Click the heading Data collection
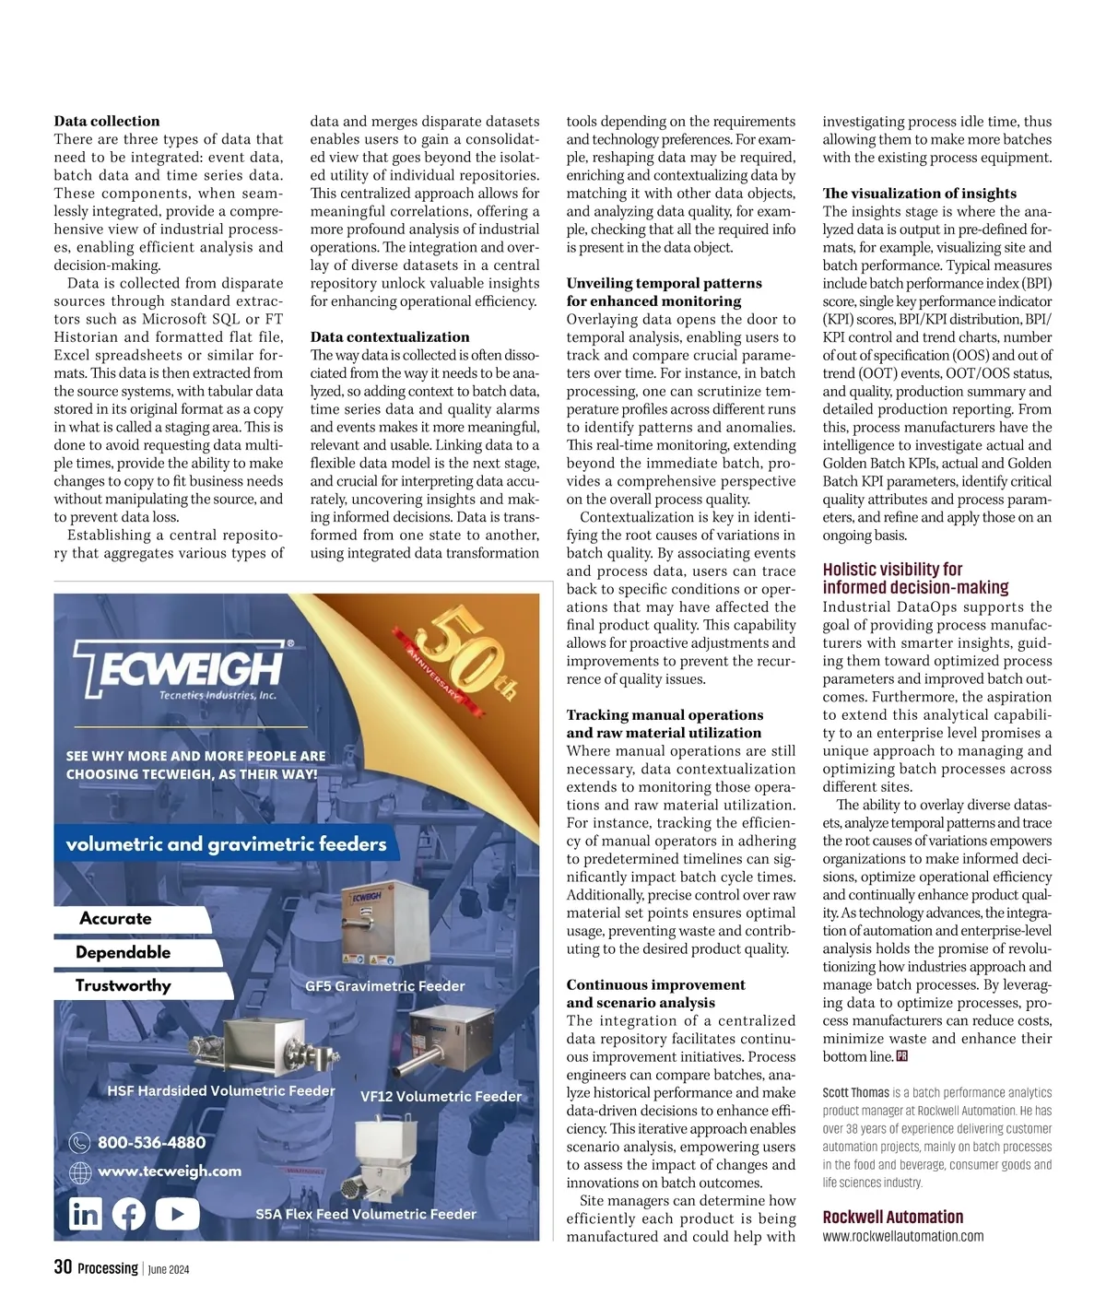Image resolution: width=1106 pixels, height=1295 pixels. point(107,121)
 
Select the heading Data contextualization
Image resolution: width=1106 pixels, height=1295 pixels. point(390,337)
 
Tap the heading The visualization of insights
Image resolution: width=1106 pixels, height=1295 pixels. point(919,194)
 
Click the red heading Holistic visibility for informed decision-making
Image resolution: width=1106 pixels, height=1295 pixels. point(915,579)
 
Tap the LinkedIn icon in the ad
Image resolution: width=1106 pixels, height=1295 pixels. point(86,1214)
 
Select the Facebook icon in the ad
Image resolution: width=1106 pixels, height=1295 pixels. point(129,1214)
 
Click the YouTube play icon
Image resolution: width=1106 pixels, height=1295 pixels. point(177,1214)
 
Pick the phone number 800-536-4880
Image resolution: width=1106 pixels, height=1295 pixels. point(151,1143)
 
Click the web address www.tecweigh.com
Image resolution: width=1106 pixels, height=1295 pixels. point(169,1171)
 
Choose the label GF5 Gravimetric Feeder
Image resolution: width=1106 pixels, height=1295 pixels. point(385,986)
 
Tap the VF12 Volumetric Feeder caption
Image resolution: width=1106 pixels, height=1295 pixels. point(441,1097)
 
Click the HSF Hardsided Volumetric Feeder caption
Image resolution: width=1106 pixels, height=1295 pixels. point(221,1091)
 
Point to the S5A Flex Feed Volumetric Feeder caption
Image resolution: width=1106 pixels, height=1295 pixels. point(366,1215)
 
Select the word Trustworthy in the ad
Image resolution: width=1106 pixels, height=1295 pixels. point(124,986)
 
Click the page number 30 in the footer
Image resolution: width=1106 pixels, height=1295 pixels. point(63,1267)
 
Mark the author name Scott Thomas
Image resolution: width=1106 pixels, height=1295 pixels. point(855,1093)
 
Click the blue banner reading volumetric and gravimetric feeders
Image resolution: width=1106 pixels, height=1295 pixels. point(226,844)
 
